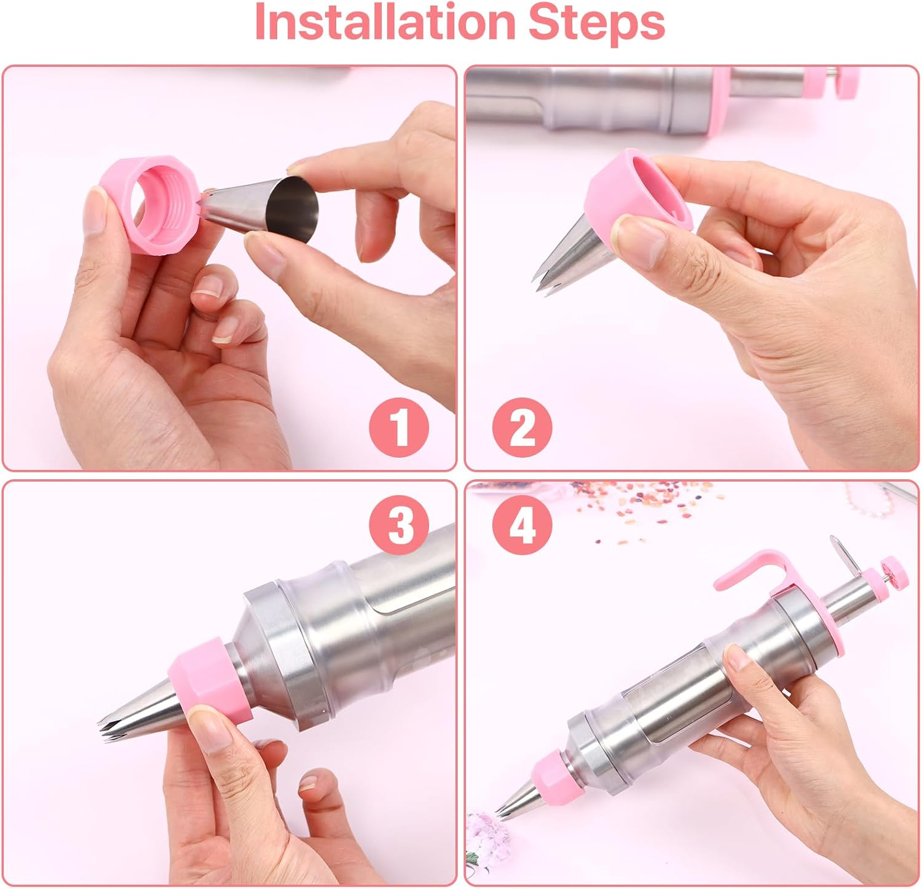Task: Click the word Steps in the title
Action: (x=597, y=23)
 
